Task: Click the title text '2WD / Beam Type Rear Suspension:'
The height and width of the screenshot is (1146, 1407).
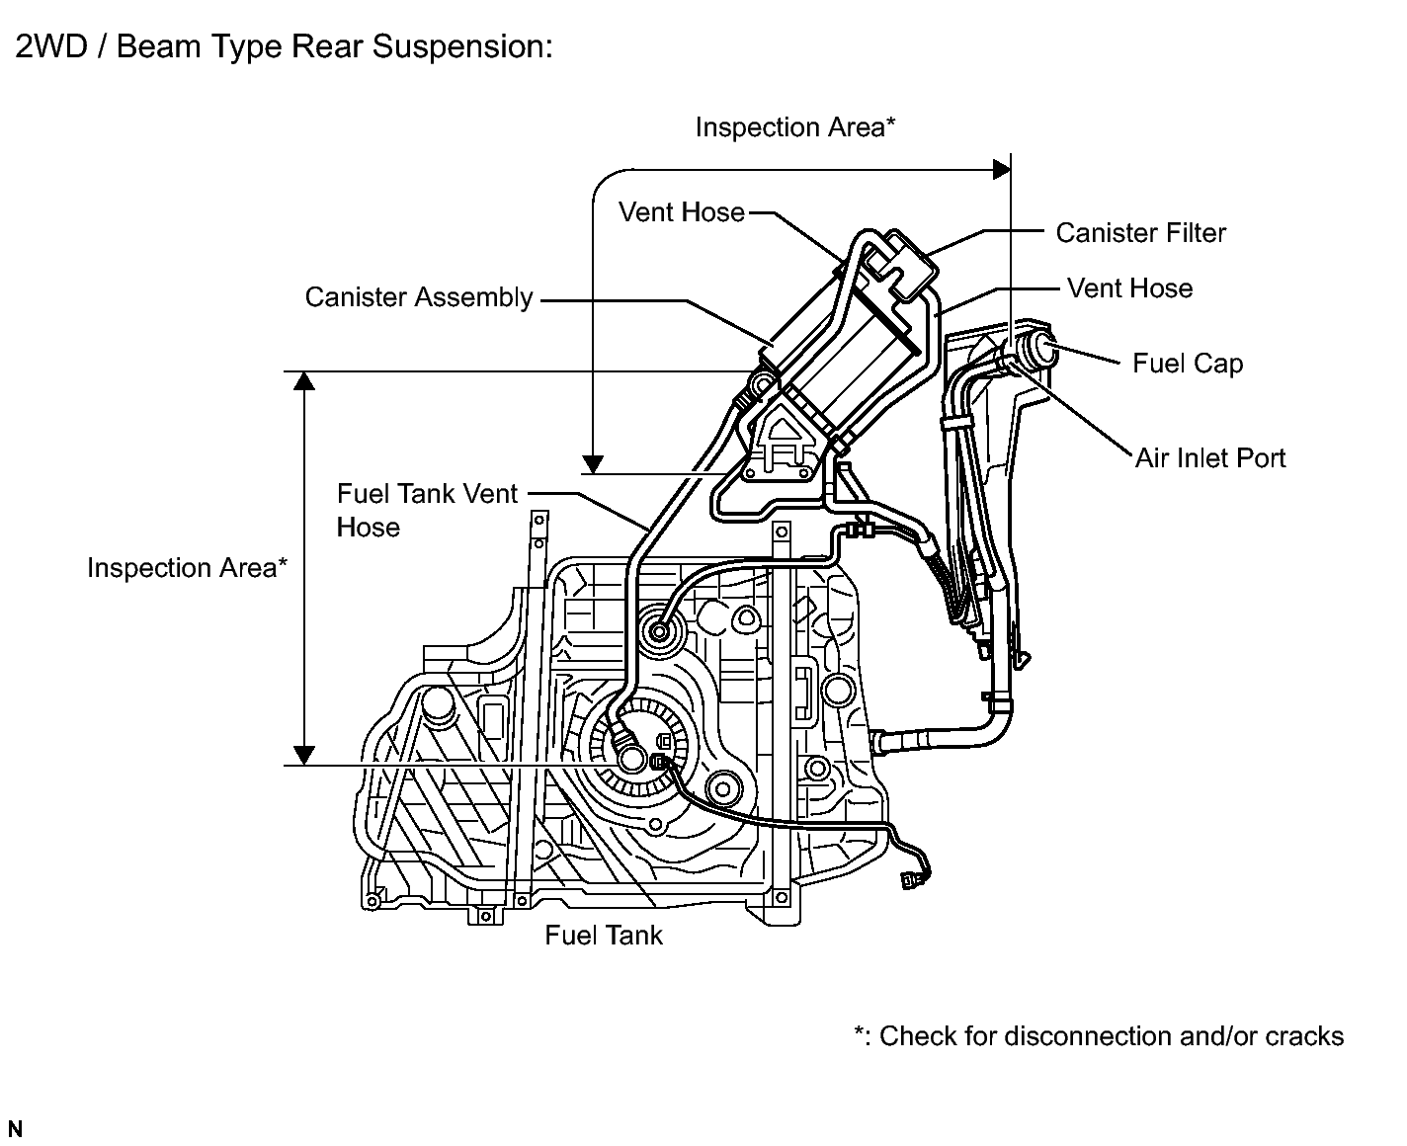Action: (284, 47)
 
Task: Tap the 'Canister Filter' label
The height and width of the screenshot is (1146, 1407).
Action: (1140, 233)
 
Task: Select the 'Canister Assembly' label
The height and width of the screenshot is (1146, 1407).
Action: (418, 297)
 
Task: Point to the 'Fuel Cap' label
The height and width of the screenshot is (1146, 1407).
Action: (1187, 364)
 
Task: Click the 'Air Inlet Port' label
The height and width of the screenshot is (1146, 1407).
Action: (1210, 458)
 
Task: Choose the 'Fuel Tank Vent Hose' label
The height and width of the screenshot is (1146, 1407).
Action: (426, 510)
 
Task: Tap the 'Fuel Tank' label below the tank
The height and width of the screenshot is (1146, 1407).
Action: (603, 936)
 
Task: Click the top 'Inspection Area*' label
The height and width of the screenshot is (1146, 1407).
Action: (794, 127)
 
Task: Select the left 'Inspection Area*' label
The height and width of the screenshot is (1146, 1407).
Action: (187, 568)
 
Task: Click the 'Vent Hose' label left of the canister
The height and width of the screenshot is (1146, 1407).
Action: (681, 212)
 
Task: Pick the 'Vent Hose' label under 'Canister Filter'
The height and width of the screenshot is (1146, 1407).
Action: (1129, 288)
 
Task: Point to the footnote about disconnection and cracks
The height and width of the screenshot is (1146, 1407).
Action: (1098, 1036)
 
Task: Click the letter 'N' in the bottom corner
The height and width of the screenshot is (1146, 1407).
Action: (15, 1129)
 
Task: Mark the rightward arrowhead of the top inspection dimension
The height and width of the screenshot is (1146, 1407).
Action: (1001, 170)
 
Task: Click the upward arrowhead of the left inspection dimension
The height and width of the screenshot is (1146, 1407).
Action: (304, 382)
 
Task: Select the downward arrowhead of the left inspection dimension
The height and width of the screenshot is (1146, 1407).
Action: (304, 754)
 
